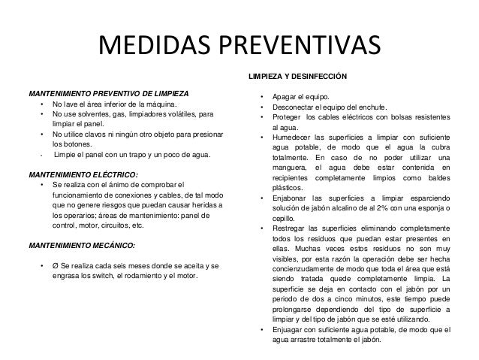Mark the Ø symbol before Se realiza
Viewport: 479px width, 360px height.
pyautogui.click(x=56, y=266)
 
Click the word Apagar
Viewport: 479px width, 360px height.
pyautogui.click(x=285, y=98)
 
